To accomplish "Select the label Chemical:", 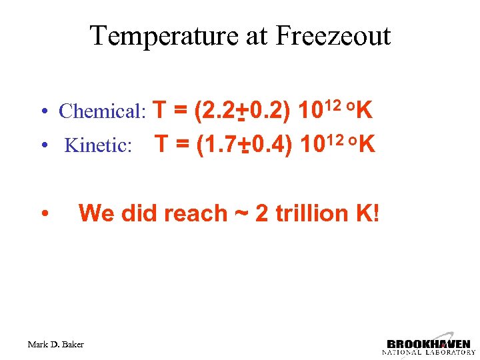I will point(103,111).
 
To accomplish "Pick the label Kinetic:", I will point(98,145).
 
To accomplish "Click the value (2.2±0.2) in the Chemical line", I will point(241,110).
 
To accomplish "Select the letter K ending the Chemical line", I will point(364,110).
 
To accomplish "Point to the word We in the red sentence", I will point(93,213).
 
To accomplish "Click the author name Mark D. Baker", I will point(56,345).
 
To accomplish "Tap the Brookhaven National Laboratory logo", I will point(428,343).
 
